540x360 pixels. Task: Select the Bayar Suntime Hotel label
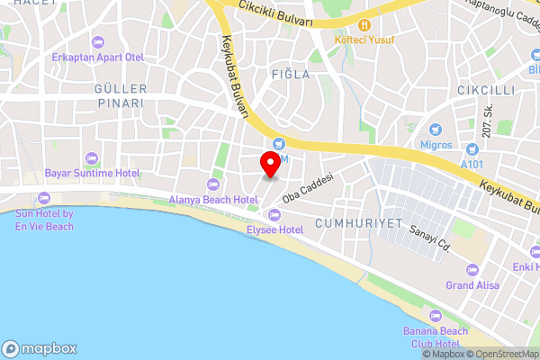click(x=92, y=172)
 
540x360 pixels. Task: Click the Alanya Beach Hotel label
click(x=213, y=199)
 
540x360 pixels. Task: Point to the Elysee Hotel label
click(x=274, y=229)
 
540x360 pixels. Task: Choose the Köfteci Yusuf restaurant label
click(x=365, y=40)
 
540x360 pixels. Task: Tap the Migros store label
click(x=436, y=144)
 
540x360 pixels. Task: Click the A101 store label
click(x=472, y=164)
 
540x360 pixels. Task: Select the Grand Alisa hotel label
click(x=472, y=284)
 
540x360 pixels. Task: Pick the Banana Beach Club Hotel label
click(x=436, y=337)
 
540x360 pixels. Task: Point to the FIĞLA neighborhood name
click(x=290, y=75)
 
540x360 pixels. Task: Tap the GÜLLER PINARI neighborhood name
click(x=120, y=95)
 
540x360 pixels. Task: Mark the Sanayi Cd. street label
click(x=428, y=240)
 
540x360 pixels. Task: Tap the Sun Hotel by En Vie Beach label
click(x=44, y=220)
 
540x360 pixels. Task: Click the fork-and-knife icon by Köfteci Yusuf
click(x=365, y=25)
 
